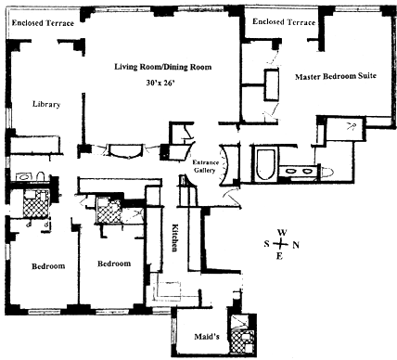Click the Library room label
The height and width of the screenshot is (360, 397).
(x=46, y=104)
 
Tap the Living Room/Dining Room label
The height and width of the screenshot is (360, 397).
(x=163, y=67)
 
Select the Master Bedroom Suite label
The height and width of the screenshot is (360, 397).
(x=336, y=76)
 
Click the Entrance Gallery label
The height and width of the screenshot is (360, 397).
(x=205, y=166)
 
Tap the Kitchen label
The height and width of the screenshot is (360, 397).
(x=175, y=238)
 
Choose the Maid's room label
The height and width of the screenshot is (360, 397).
(x=207, y=336)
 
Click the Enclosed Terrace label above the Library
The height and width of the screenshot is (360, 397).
(x=43, y=23)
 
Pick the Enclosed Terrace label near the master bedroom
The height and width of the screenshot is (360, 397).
(x=284, y=21)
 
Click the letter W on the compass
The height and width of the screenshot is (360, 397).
(x=282, y=233)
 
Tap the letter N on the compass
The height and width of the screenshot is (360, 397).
(x=296, y=245)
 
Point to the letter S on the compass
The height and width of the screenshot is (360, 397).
(x=267, y=244)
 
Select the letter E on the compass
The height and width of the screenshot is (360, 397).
(x=279, y=256)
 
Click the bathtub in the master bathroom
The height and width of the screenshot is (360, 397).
(x=265, y=165)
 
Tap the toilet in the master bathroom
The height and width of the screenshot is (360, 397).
(x=327, y=171)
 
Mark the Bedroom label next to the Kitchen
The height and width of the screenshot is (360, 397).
(x=114, y=264)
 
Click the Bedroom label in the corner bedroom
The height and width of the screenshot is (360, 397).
(x=48, y=266)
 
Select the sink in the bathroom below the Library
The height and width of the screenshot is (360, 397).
(x=24, y=176)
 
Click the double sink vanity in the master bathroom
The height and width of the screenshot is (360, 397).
(x=298, y=171)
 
